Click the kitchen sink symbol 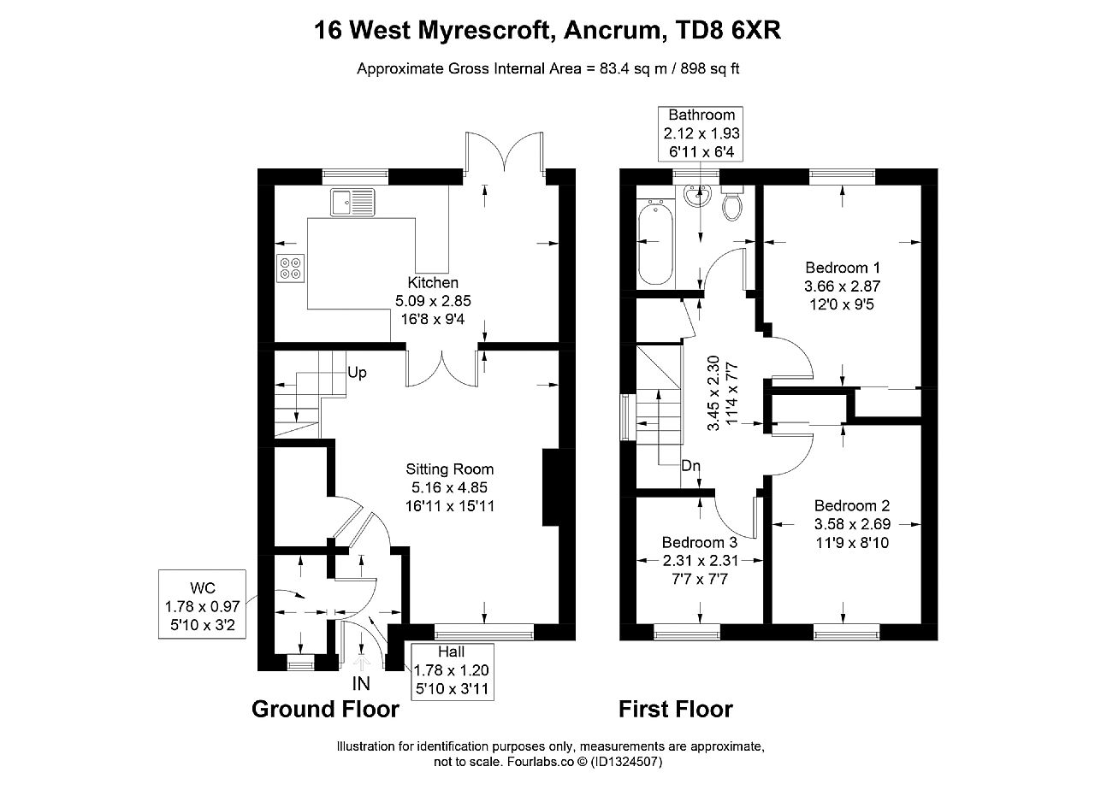click(352, 202)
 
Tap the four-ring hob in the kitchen click(290, 268)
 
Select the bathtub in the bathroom click(655, 242)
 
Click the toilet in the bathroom click(732, 203)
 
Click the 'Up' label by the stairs click(357, 373)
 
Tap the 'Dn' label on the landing click(690, 466)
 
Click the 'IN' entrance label click(361, 683)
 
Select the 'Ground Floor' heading click(325, 709)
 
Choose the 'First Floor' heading click(676, 709)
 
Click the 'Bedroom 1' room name click(843, 268)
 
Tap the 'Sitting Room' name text click(450, 469)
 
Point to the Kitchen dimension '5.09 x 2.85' click(433, 301)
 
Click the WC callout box click(202, 604)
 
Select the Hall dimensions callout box click(453, 671)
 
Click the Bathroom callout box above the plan click(701, 134)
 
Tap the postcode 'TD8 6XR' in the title click(727, 30)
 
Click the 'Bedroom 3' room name click(700, 542)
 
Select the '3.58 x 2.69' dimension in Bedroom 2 click(852, 524)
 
